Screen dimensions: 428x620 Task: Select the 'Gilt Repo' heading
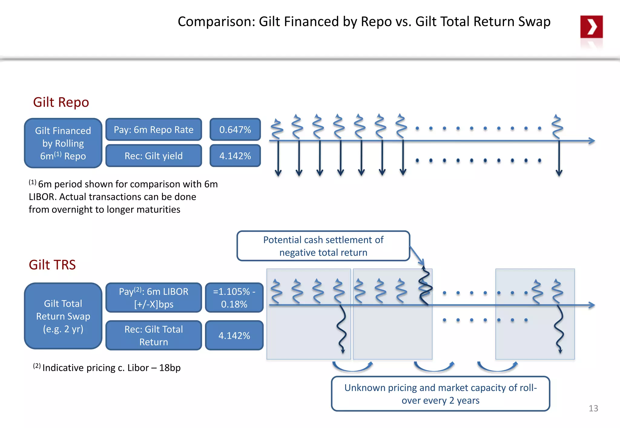click(61, 102)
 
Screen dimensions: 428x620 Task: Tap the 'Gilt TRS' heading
click(52, 265)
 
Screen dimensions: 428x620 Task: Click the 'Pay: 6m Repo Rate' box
click(153, 130)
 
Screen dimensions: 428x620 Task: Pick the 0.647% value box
click(235, 130)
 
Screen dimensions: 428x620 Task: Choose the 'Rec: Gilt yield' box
click(153, 156)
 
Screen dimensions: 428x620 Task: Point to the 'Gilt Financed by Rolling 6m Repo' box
click(63, 143)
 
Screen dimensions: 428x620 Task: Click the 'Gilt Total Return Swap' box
click(63, 316)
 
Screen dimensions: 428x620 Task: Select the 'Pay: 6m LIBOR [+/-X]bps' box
click(153, 298)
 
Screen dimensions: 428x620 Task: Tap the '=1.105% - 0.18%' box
click(234, 298)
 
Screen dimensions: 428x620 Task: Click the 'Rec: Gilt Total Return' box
click(153, 335)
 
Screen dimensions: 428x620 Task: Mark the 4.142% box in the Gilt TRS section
click(234, 335)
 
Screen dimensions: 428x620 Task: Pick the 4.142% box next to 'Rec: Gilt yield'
click(235, 156)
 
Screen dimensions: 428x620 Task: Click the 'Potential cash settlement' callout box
click(323, 246)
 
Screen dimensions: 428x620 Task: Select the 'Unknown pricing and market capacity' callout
click(440, 394)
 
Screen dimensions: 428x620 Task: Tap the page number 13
click(593, 408)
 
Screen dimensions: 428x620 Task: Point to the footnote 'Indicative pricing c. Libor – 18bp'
click(111, 368)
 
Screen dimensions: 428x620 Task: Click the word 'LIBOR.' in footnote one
click(42, 197)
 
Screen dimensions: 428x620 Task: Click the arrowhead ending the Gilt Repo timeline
click(592, 141)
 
